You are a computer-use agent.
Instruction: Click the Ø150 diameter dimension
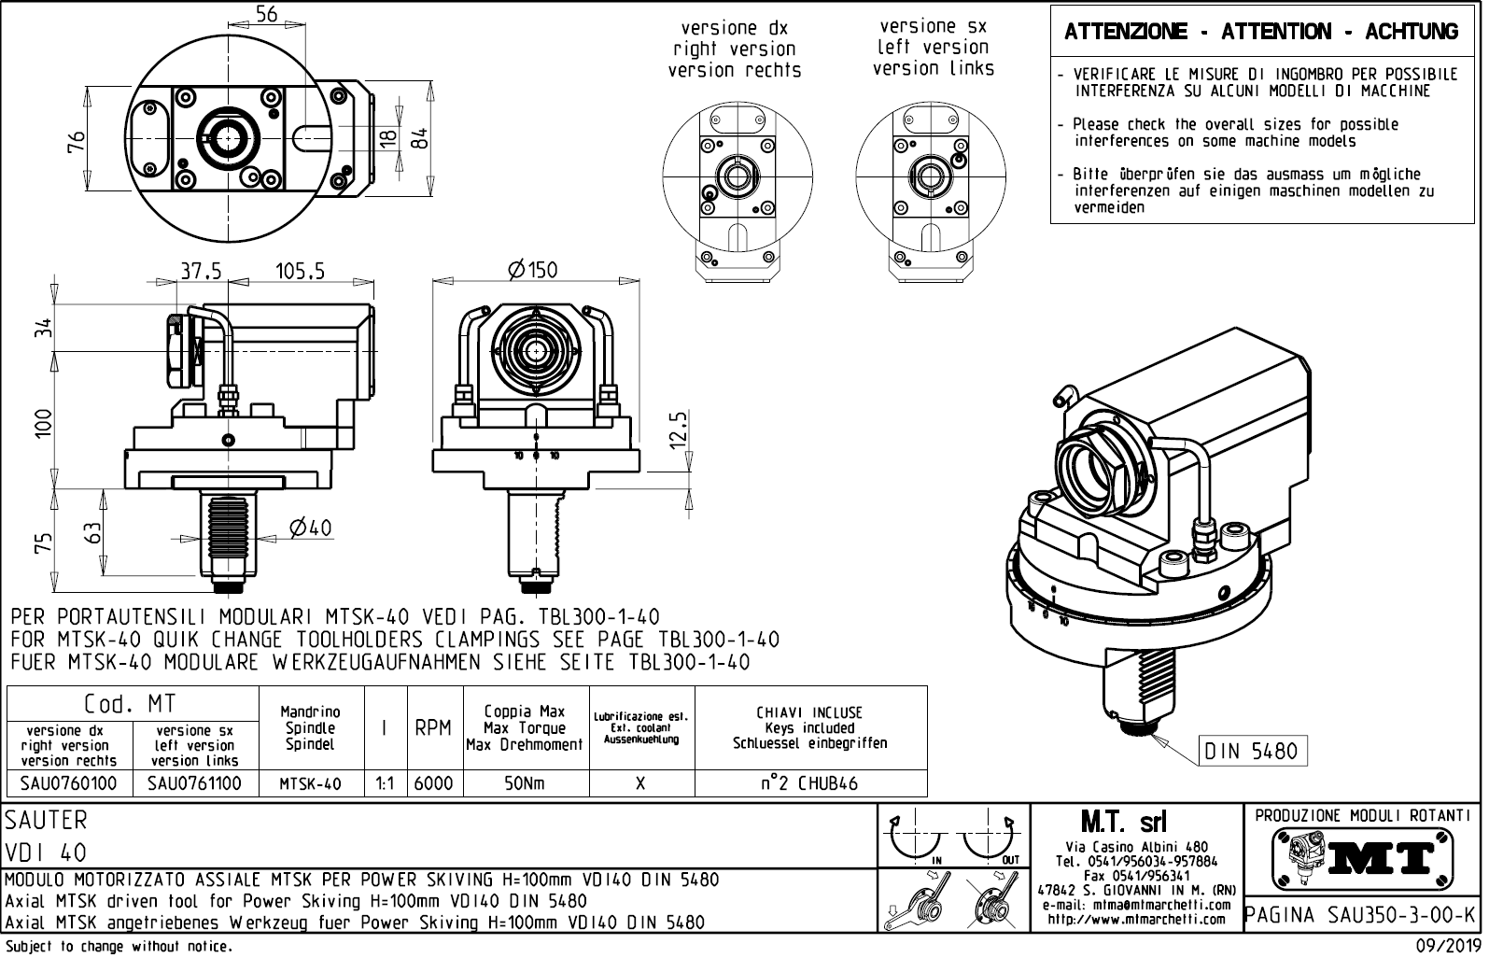pos(532,270)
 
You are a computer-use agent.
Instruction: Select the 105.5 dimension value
pos(300,271)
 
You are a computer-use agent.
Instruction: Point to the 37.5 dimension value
pos(201,271)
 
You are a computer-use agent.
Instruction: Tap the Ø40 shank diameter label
pos(311,528)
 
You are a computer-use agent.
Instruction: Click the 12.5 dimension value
pos(680,430)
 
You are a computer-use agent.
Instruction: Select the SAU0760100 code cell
pos(69,783)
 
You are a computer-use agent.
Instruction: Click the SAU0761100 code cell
pos(194,783)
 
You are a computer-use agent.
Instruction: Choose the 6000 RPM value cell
pos(432,783)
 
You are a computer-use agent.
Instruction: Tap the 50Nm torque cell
pos(524,783)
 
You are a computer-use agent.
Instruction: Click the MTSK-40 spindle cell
pos(310,783)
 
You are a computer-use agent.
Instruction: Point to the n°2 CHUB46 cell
pos(809,783)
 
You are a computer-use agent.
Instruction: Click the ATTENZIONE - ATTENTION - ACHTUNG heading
pos(1261,32)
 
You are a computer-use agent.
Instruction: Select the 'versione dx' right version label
pos(735,49)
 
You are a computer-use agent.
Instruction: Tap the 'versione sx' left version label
pos(934,47)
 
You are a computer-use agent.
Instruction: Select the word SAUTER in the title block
pos(47,820)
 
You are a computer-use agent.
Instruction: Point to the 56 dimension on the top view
pos(266,13)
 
